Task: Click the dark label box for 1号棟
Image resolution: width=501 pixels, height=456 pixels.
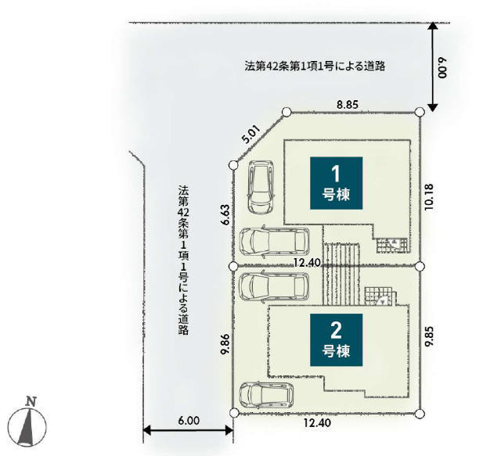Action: [x=336, y=183]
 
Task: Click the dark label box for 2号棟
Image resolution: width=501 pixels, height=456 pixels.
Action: [x=336, y=339]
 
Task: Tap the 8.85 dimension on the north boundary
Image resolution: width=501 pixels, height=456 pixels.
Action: [x=348, y=105]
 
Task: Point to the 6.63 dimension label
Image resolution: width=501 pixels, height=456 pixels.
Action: [x=226, y=215]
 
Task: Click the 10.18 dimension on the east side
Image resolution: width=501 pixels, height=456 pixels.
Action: [x=429, y=196]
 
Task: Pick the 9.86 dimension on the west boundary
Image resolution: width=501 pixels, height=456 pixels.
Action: [x=226, y=344]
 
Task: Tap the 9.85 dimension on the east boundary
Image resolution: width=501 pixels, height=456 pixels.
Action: [x=429, y=336]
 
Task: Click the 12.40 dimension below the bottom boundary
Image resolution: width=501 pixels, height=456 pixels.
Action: [x=317, y=423]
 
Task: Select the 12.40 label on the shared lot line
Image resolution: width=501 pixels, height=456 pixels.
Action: [x=307, y=263]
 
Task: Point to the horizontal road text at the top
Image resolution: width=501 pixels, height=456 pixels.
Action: [x=315, y=66]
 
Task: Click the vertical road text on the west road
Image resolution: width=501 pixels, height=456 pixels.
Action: [x=183, y=260]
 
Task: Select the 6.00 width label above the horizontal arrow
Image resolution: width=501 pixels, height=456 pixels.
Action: [x=189, y=421]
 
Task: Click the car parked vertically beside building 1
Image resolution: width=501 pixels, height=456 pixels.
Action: [x=261, y=187]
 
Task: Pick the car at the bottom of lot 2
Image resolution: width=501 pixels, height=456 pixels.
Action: [x=266, y=395]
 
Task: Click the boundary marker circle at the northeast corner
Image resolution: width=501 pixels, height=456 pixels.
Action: [x=420, y=112]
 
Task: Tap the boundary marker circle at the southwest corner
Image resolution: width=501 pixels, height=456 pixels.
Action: [x=234, y=412]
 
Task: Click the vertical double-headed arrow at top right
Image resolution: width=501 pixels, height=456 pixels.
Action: [x=432, y=66]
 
